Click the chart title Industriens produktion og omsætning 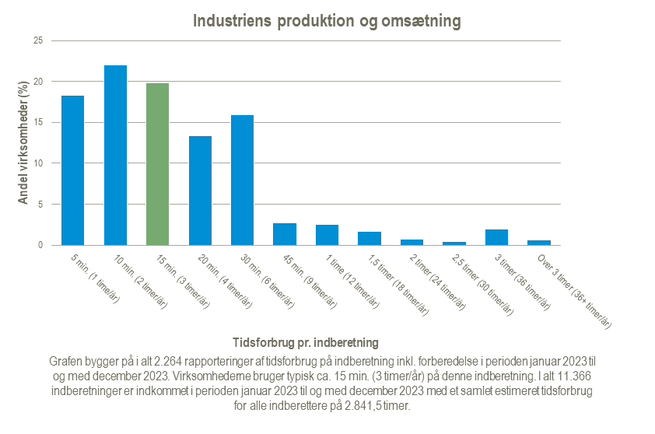[327, 21]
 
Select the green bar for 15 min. [158, 164]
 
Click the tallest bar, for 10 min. [115, 156]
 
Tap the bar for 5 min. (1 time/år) [73, 170]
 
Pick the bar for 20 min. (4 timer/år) [200, 191]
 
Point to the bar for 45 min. [285, 234]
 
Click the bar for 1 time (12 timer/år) [327, 235]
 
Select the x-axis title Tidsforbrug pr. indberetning [306, 342]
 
